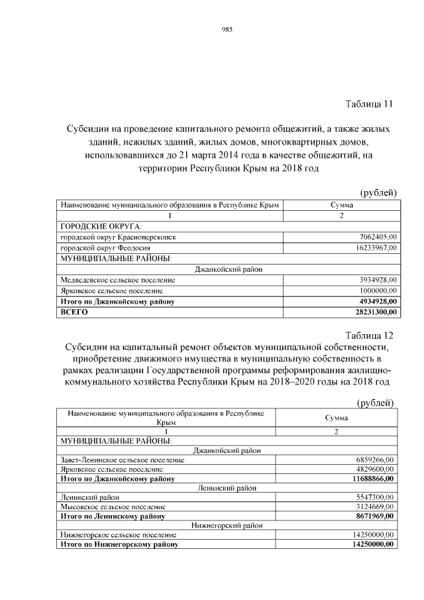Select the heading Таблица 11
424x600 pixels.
(x=369, y=104)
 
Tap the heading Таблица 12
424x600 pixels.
(x=369, y=334)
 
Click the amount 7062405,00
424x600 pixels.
(x=378, y=237)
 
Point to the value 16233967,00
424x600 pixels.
(x=376, y=247)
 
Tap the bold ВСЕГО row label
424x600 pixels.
(x=74, y=312)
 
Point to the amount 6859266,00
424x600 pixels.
(x=375, y=459)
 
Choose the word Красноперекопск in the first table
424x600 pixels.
(x=144, y=237)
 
